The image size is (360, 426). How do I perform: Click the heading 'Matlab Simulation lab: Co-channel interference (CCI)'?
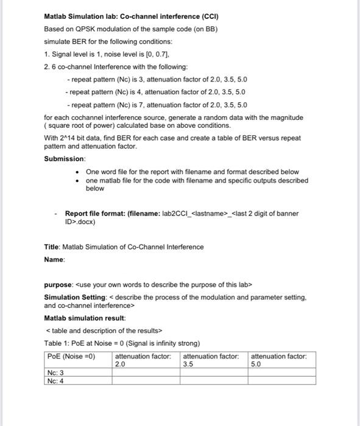click(x=131, y=16)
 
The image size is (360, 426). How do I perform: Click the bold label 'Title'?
click(x=52, y=246)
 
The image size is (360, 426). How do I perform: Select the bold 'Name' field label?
click(x=54, y=259)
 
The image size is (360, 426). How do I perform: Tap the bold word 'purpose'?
click(x=58, y=285)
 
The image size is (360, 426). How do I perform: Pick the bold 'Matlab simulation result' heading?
click(x=85, y=318)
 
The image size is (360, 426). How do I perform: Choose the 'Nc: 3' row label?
click(x=55, y=372)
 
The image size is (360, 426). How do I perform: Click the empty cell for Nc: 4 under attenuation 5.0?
click(x=281, y=381)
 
